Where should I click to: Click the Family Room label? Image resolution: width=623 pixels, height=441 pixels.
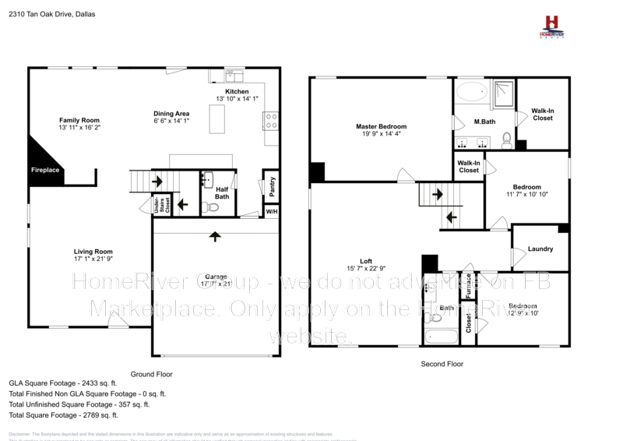[80, 120]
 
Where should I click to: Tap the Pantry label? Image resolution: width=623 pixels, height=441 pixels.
[271, 187]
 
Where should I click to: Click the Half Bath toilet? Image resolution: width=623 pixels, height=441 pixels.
[207, 207]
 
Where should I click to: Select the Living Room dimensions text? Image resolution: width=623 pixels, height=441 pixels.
[93, 259]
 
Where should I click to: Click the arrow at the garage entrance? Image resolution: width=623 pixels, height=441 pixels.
[215, 235]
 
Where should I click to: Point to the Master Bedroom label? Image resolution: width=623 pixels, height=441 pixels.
[381, 126]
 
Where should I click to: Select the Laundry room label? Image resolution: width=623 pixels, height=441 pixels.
[540, 249]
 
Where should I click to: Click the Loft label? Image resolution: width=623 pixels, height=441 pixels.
[365, 262]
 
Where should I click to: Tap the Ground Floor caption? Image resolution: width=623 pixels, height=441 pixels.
[152, 374]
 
